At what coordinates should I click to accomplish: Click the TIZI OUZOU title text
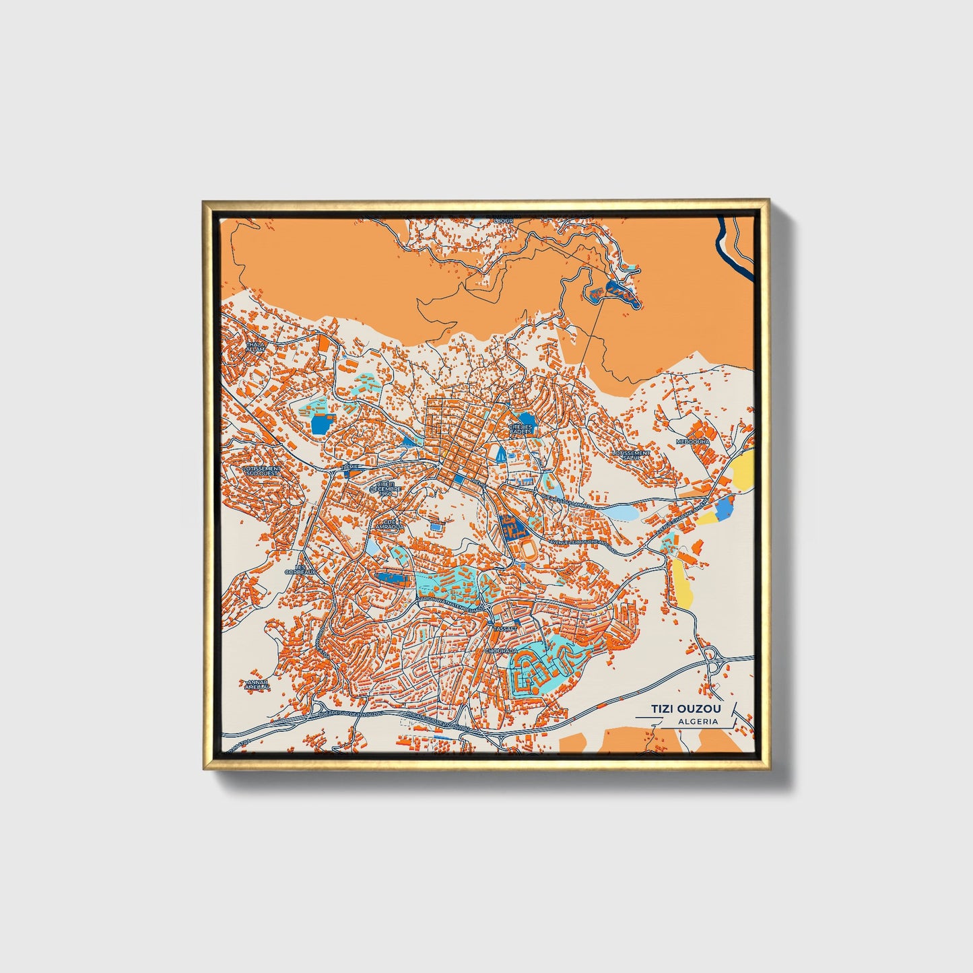pyautogui.click(x=685, y=709)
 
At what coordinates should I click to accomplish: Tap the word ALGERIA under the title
pyautogui.click(x=698, y=721)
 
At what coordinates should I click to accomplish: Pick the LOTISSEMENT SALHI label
pyautogui.click(x=631, y=456)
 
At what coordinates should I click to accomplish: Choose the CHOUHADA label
pyautogui.click(x=502, y=651)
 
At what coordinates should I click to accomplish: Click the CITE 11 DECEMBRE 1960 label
pyautogui.click(x=389, y=488)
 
